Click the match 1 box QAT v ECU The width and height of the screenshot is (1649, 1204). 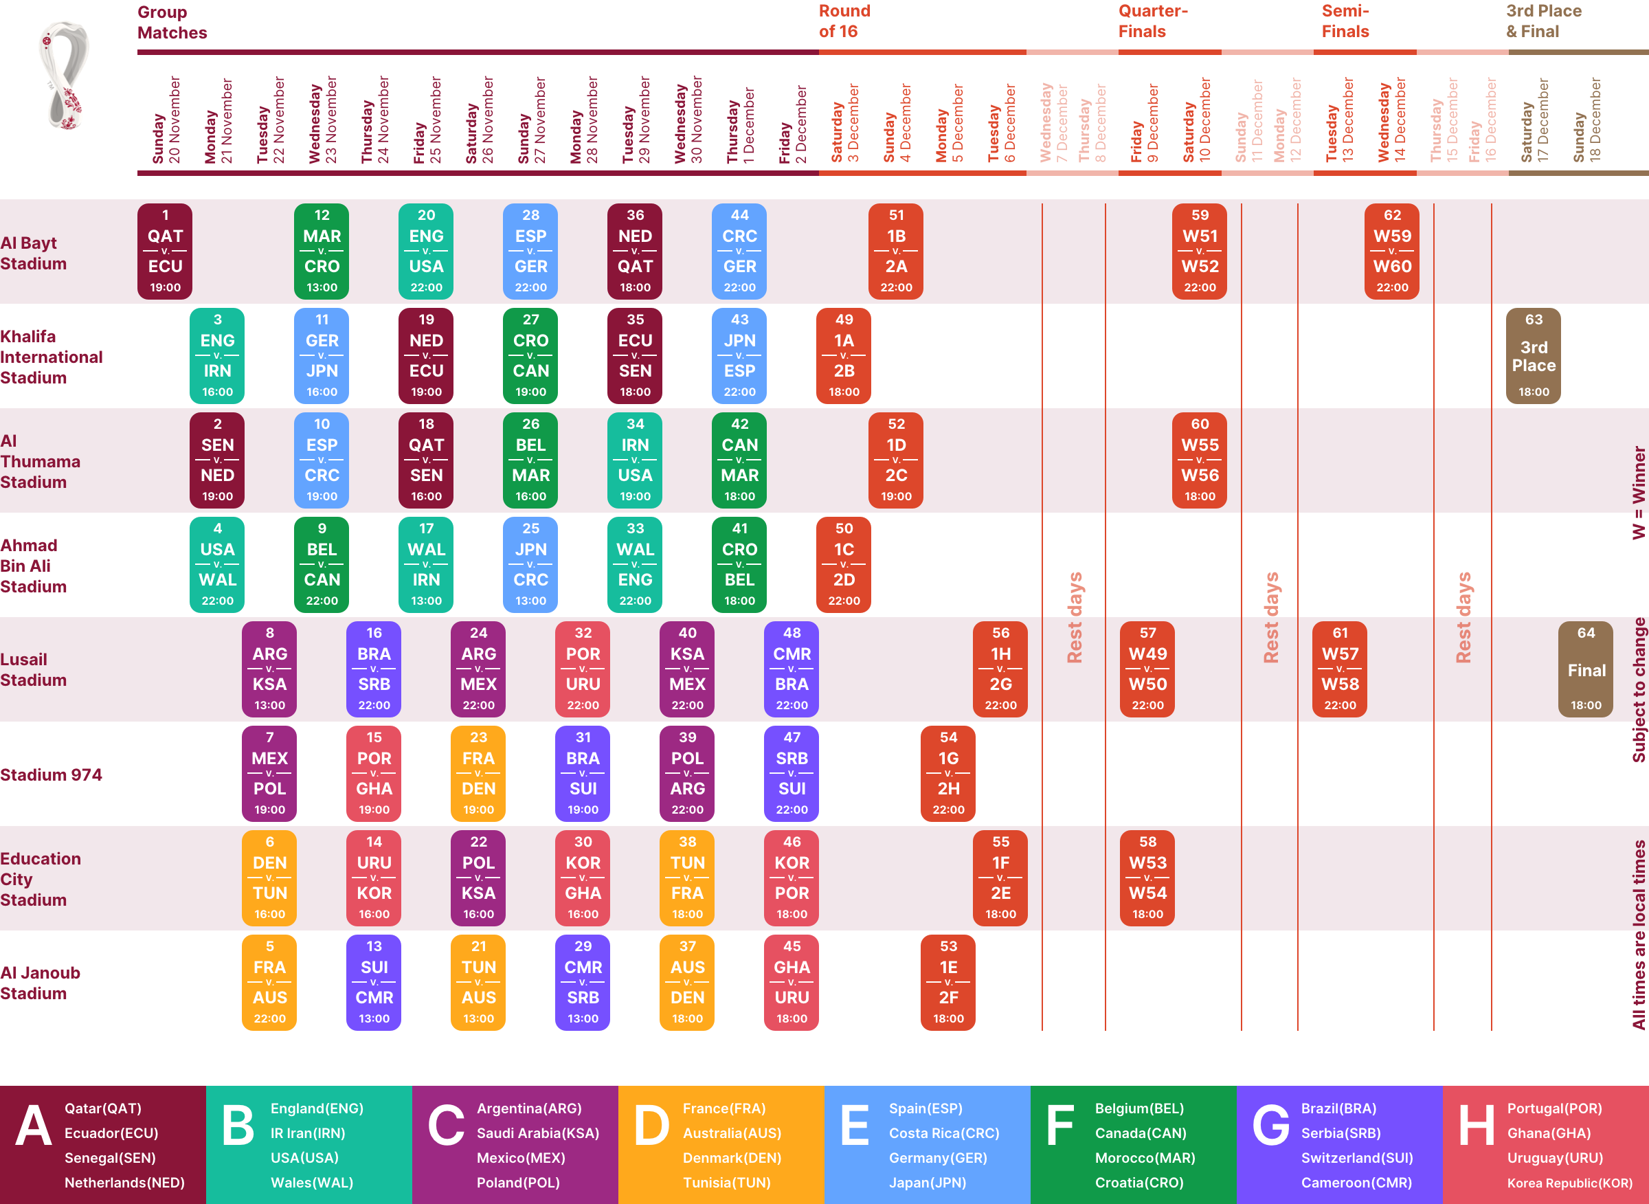pyautogui.click(x=166, y=251)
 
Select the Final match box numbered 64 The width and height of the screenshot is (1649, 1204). pyautogui.click(x=1586, y=669)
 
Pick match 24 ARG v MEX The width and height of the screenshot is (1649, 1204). pyautogui.click(x=478, y=669)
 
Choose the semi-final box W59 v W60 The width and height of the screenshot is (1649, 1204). pyautogui.click(x=1392, y=251)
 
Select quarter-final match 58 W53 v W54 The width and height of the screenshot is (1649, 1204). pyautogui.click(x=1147, y=878)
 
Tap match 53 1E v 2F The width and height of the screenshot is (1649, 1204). pyautogui.click(x=948, y=982)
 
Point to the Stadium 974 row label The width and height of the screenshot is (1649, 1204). pyautogui.click(x=51, y=774)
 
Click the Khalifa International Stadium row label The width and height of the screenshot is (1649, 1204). pyautogui.click(x=51, y=357)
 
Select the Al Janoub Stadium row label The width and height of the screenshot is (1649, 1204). pyautogui.click(x=40, y=983)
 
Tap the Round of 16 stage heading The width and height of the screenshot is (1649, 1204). pyautogui.click(x=844, y=21)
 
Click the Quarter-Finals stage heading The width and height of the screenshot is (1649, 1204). pyautogui.click(x=1153, y=21)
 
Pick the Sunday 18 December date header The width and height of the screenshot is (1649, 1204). pyautogui.click(x=1586, y=120)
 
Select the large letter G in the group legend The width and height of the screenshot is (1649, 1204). pyautogui.click(x=1271, y=1124)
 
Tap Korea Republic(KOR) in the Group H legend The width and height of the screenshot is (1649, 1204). pyautogui.click(x=1569, y=1182)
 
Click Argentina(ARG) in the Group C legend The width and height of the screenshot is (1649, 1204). pyautogui.click(x=529, y=1108)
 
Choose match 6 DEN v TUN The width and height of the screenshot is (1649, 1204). pyautogui.click(x=269, y=878)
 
